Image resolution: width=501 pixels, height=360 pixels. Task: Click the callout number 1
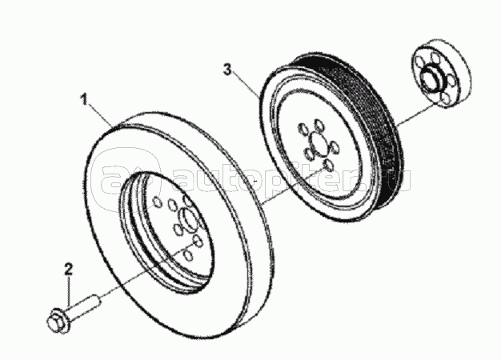point(84,100)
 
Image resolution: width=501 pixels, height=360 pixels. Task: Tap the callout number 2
point(68,270)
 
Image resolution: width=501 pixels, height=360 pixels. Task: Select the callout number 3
point(227,70)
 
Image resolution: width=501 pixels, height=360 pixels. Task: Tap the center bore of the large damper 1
point(189,219)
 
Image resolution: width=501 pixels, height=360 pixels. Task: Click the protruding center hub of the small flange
point(431,79)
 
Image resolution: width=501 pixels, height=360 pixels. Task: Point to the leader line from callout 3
point(246,84)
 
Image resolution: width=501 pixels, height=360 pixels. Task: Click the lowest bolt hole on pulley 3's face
point(328,166)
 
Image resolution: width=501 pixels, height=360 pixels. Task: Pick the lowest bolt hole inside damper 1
point(189,255)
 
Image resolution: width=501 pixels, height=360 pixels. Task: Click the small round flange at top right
point(442,74)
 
